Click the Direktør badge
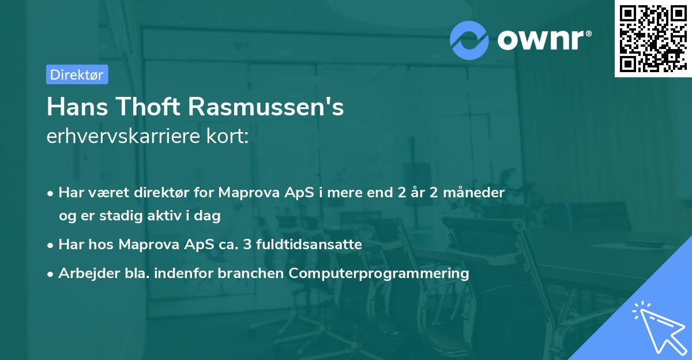tap(77, 74)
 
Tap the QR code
tap(653, 38)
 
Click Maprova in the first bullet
tap(243, 192)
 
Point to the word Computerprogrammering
tap(379, 273)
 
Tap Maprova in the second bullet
tap(143, 244)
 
